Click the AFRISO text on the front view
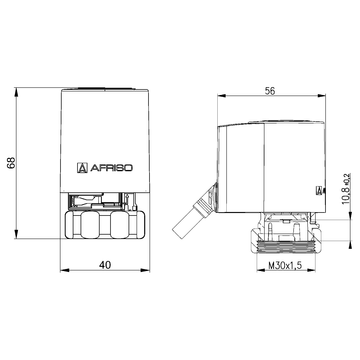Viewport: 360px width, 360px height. pyautogui.click(x=117, y=168)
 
